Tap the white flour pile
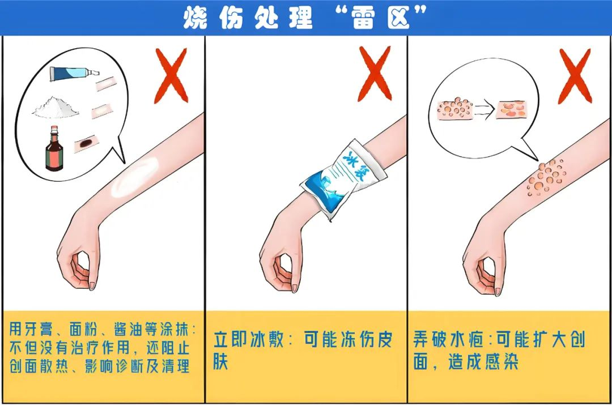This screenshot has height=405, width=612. (x=56, y=107)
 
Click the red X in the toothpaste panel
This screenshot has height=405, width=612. (x=171, y=76)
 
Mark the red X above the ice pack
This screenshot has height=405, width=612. (x=375, y=74)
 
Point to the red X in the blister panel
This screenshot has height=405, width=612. (x=575, y=76)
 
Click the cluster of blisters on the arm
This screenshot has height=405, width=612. (x=545, y=177)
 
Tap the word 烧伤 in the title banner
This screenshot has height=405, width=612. (x=214, y=18)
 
